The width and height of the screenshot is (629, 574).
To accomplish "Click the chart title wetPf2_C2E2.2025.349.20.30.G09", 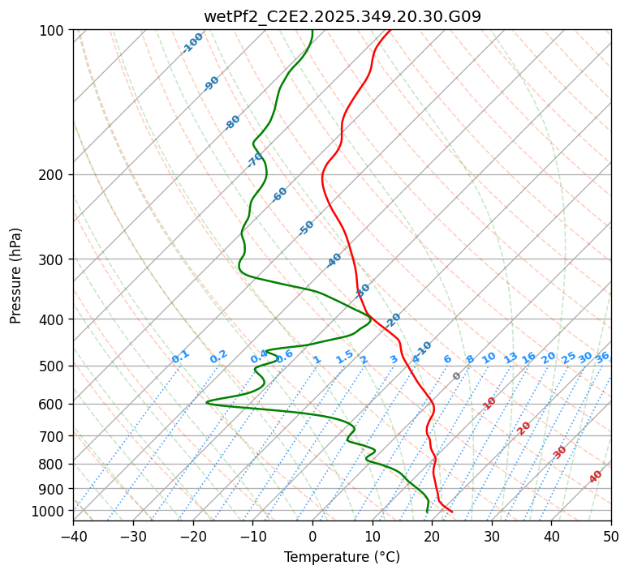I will tap(342, 16).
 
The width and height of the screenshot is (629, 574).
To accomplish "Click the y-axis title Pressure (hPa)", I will tap(16, 275).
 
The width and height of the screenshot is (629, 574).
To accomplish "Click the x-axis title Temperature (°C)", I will tap(342, 557).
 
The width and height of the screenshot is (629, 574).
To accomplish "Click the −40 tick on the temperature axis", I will tap(73, 536).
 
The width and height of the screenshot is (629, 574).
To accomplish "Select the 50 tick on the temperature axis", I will tap(611, 536).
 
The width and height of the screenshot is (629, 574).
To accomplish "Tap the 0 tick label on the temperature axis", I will tap(312, 536).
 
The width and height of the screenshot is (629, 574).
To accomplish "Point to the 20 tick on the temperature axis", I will tap(432, 536).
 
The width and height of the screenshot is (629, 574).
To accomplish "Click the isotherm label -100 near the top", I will tap(193, 42).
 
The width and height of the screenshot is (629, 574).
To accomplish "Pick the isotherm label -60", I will tap(280, 195).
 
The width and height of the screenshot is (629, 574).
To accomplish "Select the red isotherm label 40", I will tap(596, 477).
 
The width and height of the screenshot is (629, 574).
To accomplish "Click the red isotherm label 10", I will tap(489, 403).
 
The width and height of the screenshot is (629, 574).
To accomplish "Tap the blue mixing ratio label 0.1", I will tap(180, 357).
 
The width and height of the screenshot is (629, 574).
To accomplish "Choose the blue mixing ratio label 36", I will tap(602, 357).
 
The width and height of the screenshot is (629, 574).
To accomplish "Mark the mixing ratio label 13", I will tap(511, 358).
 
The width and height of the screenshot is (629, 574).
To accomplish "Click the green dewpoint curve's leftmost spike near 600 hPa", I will tap(207, 401).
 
